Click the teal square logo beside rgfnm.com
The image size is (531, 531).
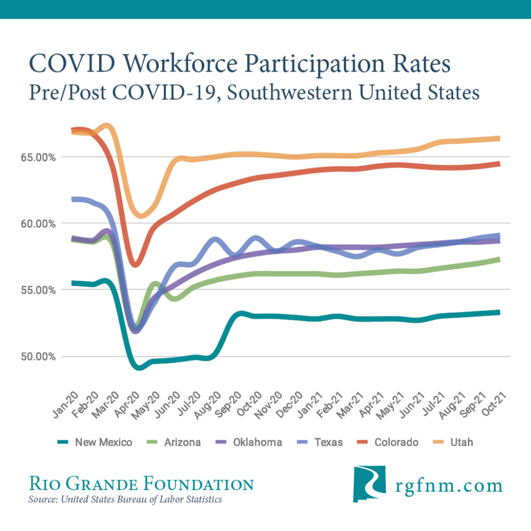coord(369,481)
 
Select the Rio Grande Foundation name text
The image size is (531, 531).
coord(141,484)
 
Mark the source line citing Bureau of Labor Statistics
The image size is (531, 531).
coord(125,500)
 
